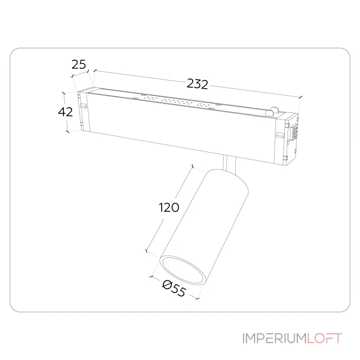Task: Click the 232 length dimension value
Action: click(x=198, y=84)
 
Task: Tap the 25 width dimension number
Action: click(x=79, y=64)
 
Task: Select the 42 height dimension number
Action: click(x=66, y=112)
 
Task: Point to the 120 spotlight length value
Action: click(x=169, y=207)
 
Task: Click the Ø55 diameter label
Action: click(x=174, y=288)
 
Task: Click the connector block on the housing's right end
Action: click(x=296, y=131)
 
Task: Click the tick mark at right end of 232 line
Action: click(x=300, y=97)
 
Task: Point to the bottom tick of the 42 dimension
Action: click(x=67, y=131)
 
